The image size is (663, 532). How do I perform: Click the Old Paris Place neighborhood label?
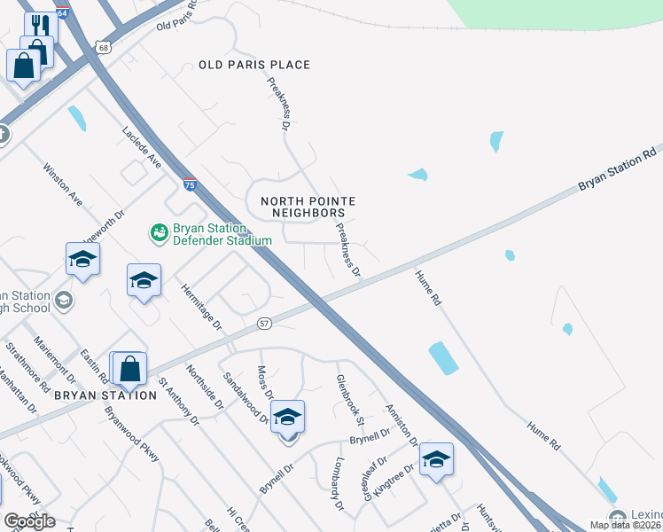pos(254,65)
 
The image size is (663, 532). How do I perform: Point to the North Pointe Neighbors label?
pos(302,207)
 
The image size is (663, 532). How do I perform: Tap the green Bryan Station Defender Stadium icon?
pos(159,232)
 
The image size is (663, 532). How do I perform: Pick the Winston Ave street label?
pos(62,184)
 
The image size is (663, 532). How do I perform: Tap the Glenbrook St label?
pos(345,396)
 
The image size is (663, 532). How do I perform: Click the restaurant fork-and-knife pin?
pos(40,24)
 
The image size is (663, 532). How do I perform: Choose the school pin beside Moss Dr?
pos(287,418)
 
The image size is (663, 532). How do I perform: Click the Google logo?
pos(29,520)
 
